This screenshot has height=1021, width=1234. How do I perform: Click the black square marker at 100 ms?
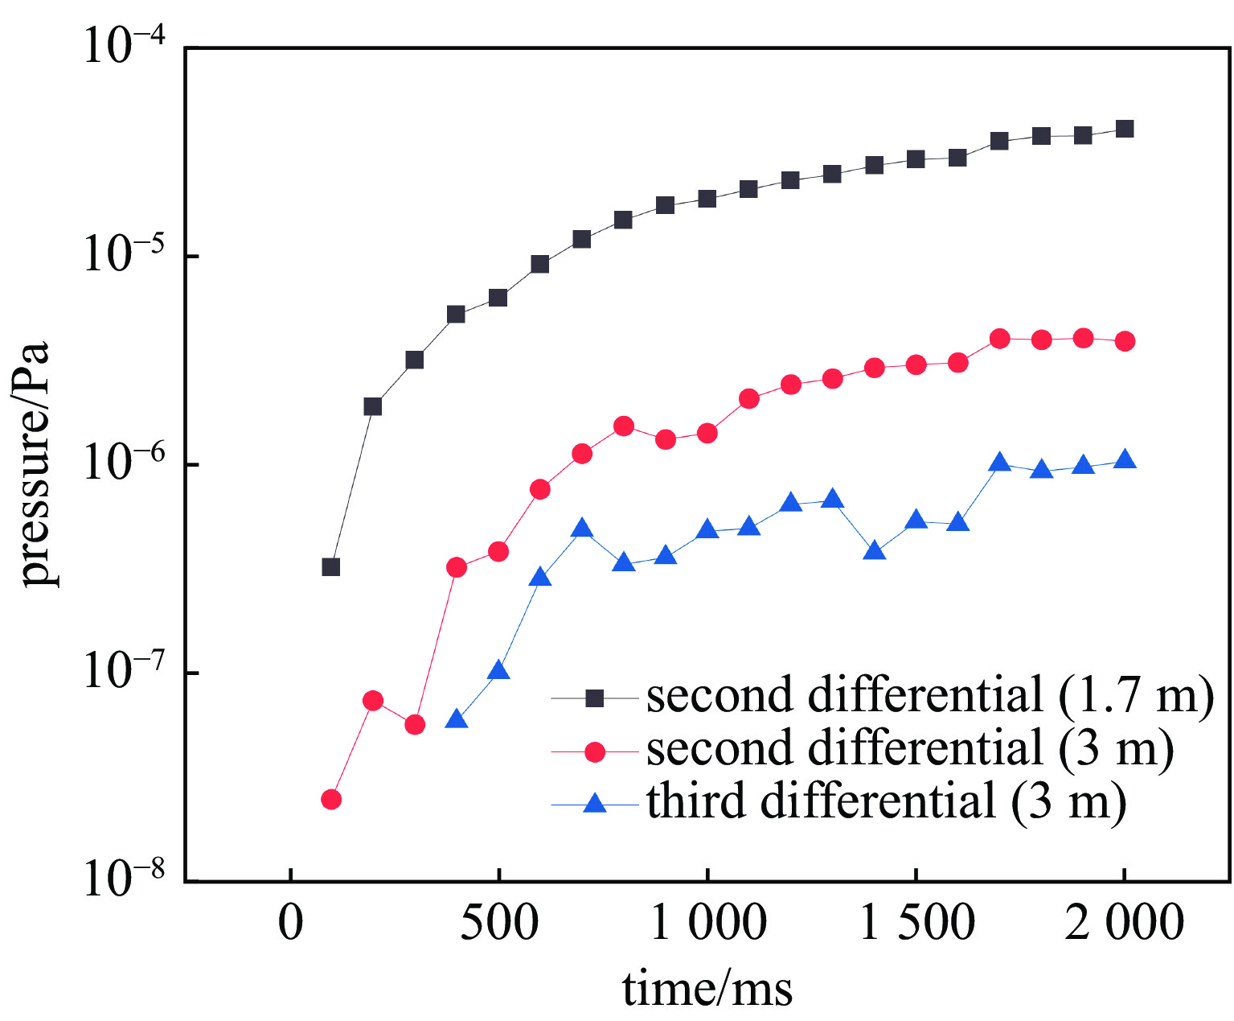(x=330, y=567)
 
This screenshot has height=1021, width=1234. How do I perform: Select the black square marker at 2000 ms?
(x=1125, y=129)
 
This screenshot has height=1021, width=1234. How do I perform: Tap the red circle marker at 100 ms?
(x=330, y=799)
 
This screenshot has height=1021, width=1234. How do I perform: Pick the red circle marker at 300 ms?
(x=415, y=725)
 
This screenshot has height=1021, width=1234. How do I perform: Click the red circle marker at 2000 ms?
(x=1125, y=341)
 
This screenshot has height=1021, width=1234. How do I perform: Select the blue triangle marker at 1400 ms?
(x=875, y=552)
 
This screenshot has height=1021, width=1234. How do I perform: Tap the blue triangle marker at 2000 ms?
(x=1125, y=460)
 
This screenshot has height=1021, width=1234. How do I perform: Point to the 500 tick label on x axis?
(x=498, y=924)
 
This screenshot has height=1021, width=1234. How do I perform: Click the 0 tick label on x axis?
(x=291, y=924)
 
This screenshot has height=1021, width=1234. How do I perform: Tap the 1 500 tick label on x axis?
(x=916, y=924)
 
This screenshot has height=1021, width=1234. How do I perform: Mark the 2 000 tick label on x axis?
(x=1125, y=924)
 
